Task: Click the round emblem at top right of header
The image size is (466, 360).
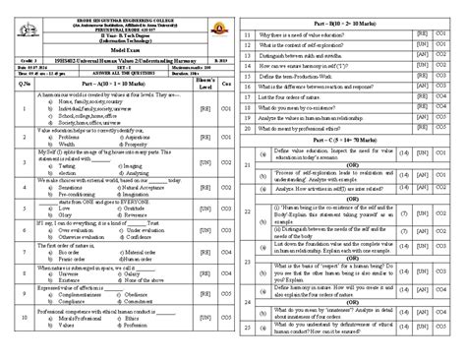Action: pos(219,18)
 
